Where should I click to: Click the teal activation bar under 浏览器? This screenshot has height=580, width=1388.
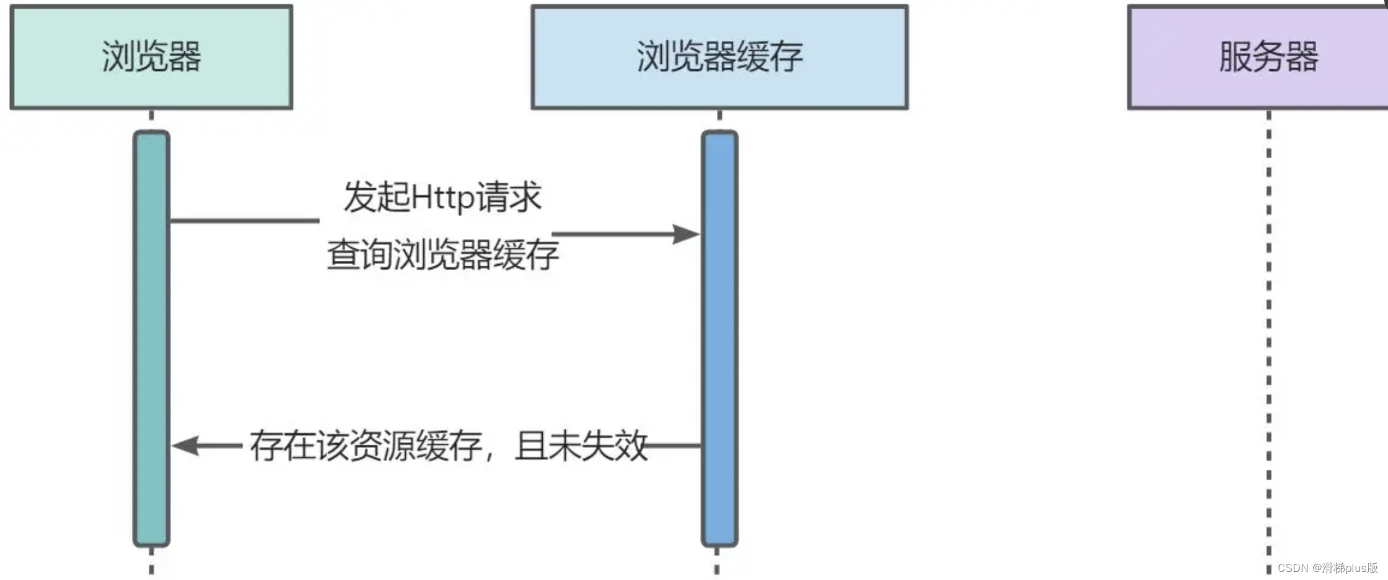coord(151,338)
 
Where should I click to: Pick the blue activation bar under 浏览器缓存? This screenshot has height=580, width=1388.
coord(719,338)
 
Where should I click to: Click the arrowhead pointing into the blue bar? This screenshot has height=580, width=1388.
coord(687,234)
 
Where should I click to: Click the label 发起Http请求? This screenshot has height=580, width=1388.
coord(442,197)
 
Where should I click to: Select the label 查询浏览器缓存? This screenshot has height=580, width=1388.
coord(442,254)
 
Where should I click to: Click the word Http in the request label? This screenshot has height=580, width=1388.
coord(443,198)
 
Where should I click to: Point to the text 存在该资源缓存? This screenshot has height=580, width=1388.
coord(366,446)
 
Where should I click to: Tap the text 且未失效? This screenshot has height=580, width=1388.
coord(581,446)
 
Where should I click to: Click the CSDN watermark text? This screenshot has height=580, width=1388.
coord(1327,568)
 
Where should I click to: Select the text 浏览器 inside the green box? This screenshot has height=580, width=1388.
coord(151,56)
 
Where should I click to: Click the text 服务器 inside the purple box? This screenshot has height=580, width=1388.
coord(1268,56)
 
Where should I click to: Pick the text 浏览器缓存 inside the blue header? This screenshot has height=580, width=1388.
coord(719,56)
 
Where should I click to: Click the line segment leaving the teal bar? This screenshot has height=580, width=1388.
coord(245,220)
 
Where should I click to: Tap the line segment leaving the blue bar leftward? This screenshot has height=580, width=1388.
coord(675,446)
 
